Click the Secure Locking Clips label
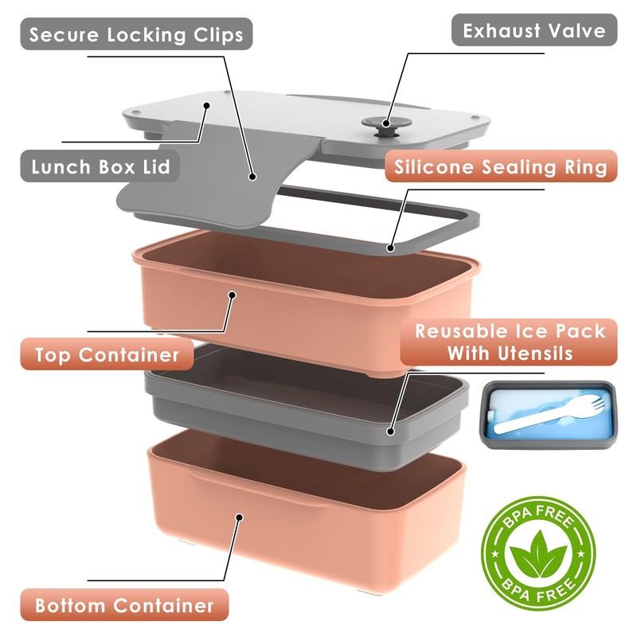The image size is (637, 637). coord(136,36)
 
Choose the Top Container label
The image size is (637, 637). coord(106,354)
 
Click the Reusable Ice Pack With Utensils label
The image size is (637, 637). coord(510,342)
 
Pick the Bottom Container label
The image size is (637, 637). coord(124,605)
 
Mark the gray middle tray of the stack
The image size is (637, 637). coord(303,414)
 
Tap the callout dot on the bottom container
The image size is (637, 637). coord(238,517)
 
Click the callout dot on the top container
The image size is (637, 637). coord(233,295)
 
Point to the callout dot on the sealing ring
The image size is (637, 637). coord(391,248)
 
